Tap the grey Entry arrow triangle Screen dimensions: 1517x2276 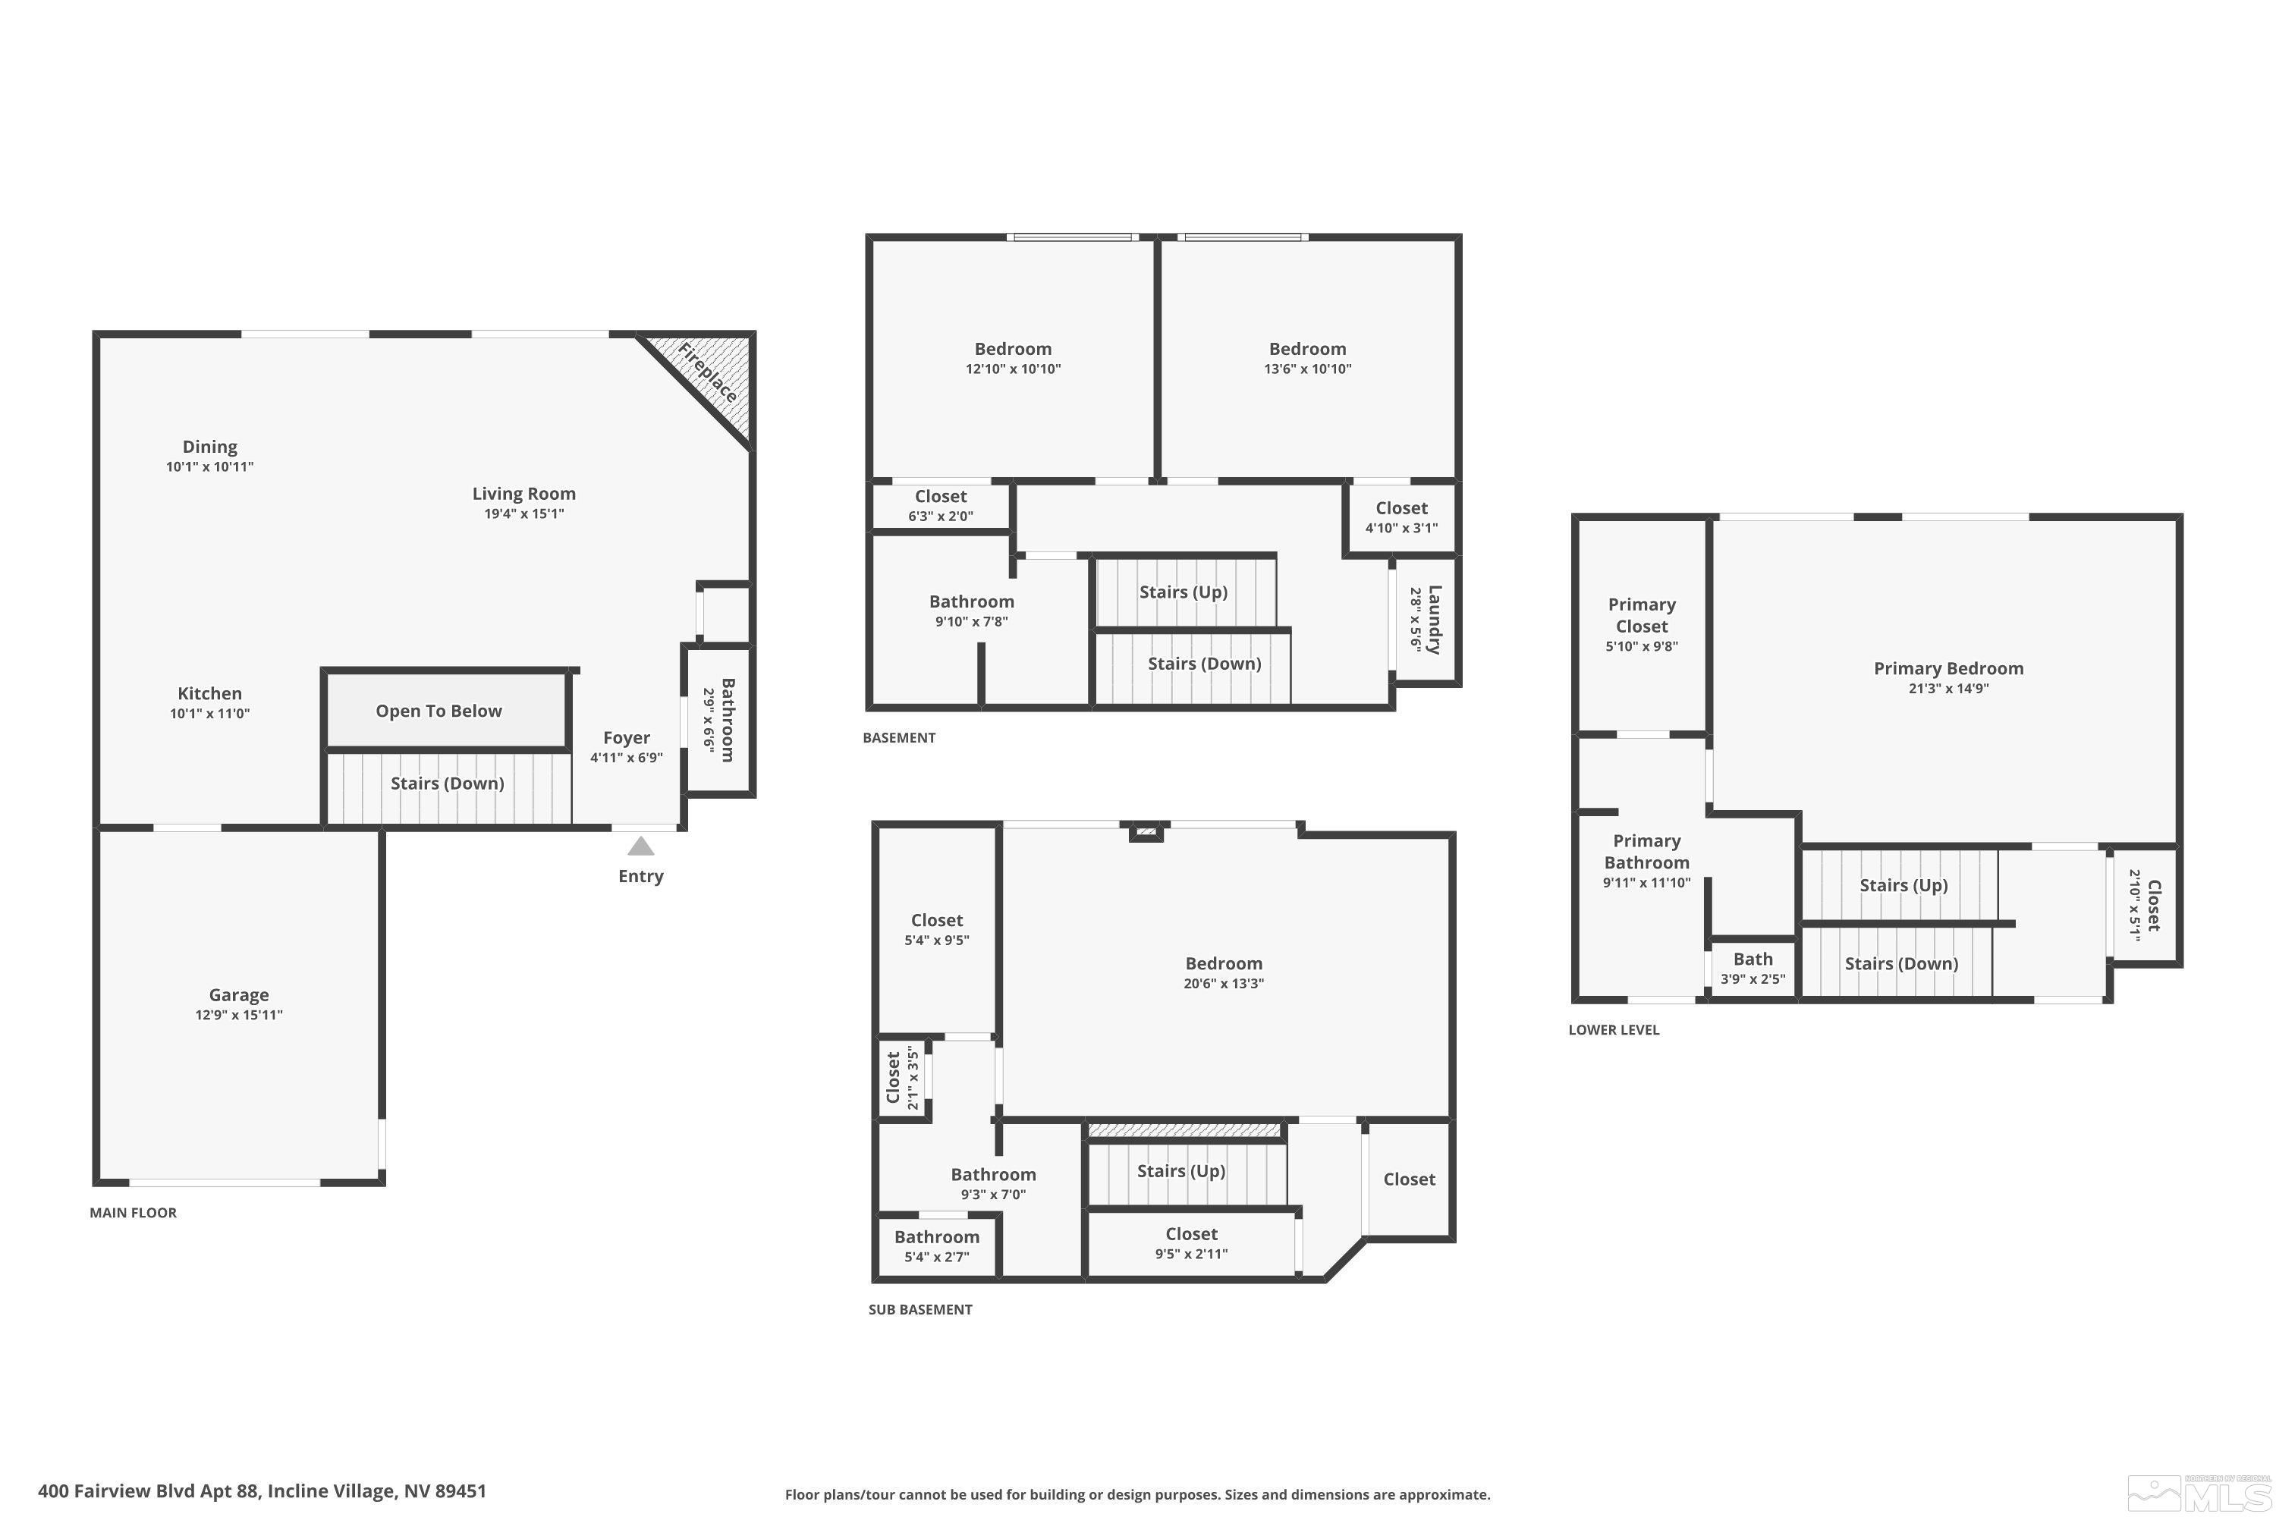coord(640,847)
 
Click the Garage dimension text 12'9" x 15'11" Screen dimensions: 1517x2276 coord(239,1015)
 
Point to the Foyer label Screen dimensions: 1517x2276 coord(626,737)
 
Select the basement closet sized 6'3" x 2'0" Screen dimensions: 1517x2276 coord(941,506)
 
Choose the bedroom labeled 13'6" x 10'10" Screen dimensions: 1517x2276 coord(1307,358)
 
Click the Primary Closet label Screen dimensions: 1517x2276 coord(1641,614)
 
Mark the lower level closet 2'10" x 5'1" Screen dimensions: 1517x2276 coord(2146,906)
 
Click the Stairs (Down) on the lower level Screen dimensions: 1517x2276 coord(1900,963)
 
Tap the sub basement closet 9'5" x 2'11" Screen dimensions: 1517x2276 coord(1191,1243)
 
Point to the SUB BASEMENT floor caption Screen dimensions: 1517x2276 coord(920,1310)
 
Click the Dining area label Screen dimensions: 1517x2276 coord(210,447)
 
